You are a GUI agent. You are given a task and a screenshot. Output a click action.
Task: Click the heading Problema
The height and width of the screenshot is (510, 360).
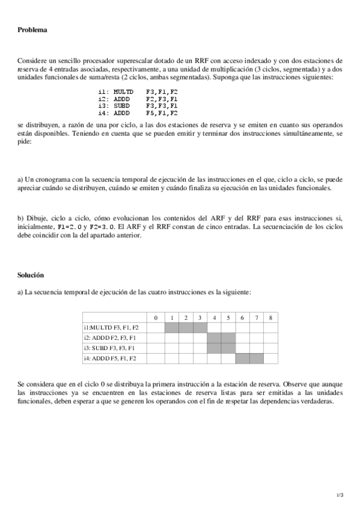(32, 29)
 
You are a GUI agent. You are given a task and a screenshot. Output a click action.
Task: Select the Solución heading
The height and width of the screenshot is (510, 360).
(31, 275)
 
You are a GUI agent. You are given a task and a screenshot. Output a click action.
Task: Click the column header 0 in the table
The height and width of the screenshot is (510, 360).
(155, 318)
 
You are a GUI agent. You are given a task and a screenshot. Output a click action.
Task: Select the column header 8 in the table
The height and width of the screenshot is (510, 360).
(270, 318)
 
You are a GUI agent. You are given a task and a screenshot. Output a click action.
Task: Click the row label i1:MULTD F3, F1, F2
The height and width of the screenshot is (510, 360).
(111, 328)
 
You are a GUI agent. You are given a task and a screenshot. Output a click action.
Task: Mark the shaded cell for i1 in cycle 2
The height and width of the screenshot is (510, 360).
(186, 328)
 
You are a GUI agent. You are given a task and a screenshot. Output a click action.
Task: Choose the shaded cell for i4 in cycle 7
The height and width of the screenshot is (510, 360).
(257, 358)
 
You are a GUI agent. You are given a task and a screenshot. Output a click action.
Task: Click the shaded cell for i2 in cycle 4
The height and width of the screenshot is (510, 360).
(214, 338)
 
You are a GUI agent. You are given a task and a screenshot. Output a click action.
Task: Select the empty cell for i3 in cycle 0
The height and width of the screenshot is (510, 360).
(155, 348)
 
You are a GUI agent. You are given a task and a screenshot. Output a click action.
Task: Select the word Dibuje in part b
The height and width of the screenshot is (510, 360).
(37, 218)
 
